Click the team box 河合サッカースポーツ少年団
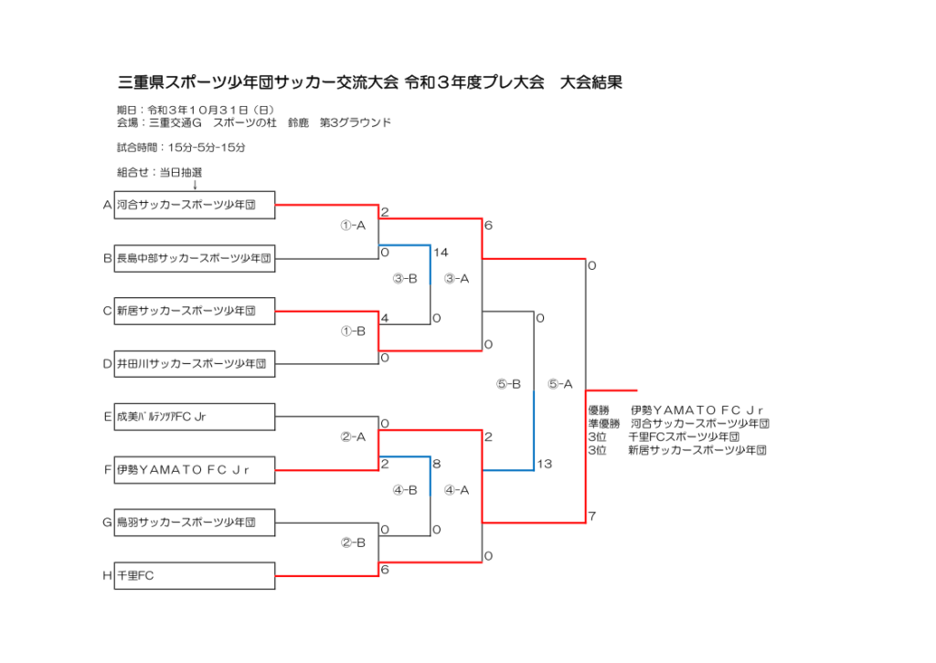tap(195, 205)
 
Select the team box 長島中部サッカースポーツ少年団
tap(195, 258)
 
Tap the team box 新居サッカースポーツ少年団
tap(195, 311)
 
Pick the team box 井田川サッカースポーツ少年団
tap(195, 364)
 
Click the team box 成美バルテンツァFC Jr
tap(195, 417)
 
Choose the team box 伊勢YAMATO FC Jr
tap(195, 470)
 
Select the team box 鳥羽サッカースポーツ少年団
tap(195, 523)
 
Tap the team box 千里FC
tap(195, 576)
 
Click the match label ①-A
tap(353, 225)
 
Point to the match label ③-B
tap(405, 278)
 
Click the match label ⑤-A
tap(559, 384)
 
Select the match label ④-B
tap(405, 490)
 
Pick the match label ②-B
tap(353, 542)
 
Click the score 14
tap(441, 251)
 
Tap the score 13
tap(545, 465)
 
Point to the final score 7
tap(592, 517)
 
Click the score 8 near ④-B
tap(437, 464)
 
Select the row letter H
tap(107, 576)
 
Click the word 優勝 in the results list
tap(600, 411)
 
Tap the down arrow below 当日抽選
tap(195, 185)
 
